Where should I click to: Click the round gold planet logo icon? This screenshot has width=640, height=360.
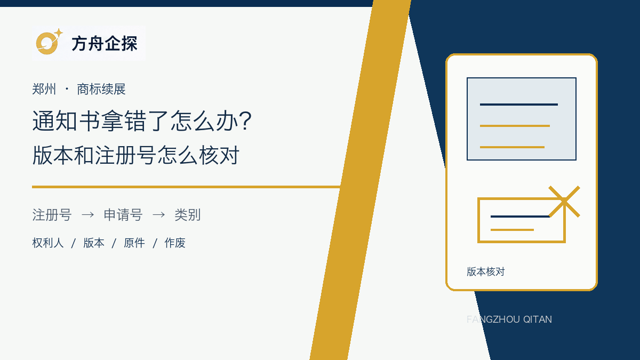click(49, 42)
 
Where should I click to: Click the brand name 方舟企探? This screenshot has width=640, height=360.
click(105, 44)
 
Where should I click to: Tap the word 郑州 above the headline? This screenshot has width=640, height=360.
click(44, 89)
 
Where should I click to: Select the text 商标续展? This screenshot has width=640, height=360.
click(101, 89)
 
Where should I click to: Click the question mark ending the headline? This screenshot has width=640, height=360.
click(246, 121)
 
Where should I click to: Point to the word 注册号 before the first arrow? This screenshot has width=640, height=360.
click(52, 215)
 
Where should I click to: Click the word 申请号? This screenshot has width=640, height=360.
click(123, 215)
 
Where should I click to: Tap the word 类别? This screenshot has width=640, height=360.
click(187, 215)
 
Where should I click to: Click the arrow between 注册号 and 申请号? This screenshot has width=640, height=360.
click(87, 215)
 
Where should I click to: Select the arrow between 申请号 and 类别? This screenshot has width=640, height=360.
click(158, 215)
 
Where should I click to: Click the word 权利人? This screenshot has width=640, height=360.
click(47, 243)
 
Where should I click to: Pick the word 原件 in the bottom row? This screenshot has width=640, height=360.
click(134, 243)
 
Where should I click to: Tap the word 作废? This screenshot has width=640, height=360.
click(175, 243)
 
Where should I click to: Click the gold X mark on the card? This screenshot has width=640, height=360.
click(564, 202)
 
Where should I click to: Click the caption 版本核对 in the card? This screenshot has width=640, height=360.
click(486, 271)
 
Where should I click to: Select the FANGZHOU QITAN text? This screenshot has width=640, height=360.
click(509, 319)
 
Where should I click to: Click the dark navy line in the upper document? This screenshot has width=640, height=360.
click(519, 105)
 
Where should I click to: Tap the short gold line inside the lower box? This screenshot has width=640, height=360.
click(513, 230)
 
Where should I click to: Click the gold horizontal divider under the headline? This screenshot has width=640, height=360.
click(186, 187)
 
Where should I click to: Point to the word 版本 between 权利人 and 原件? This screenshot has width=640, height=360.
click(94, 243)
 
